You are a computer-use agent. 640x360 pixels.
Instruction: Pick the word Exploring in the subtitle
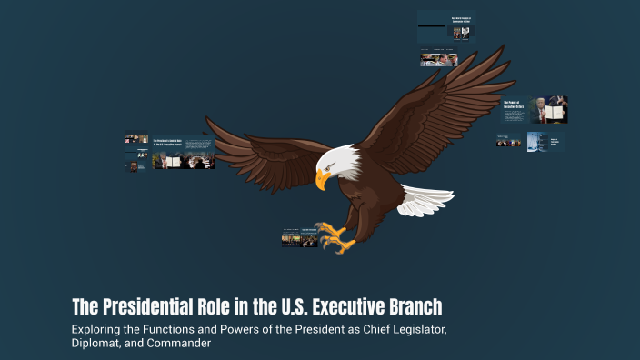[x=100, y=328]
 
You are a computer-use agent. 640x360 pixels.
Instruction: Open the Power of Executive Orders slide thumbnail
[x=535, y=109]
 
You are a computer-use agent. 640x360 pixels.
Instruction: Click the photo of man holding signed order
[x=550, y=109]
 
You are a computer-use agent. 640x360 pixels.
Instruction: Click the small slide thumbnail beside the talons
[x=299, y=238]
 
